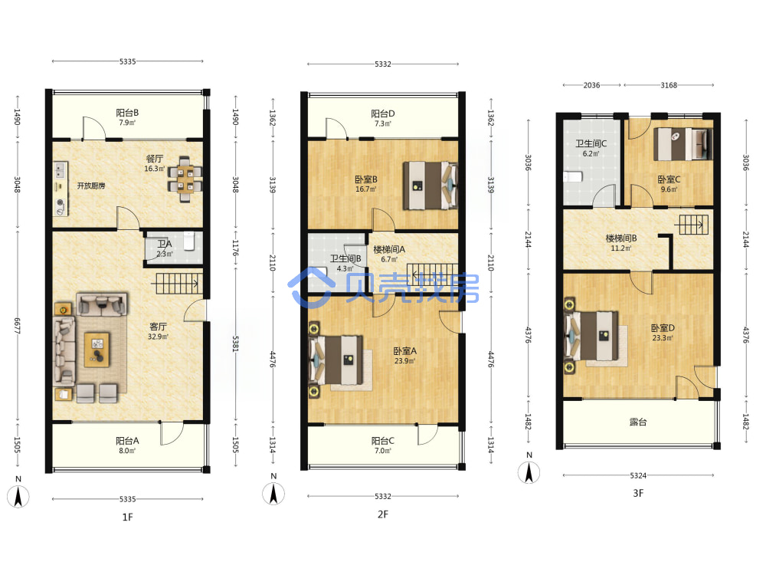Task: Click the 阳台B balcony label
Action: point(127,113)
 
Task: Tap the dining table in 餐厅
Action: point(185,179)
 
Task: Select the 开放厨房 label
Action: point(91,186)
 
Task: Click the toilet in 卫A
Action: point(189,241)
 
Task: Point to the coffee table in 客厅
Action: point(97,349)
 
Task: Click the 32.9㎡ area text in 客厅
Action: point(158,337)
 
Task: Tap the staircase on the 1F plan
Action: point(178,284)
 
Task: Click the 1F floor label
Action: point(127,517)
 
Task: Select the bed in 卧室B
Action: point(430,186)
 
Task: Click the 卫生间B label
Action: point(345,258)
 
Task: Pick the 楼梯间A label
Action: point(389,249)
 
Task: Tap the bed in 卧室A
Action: point(336,360)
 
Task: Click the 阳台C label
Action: point(382,441)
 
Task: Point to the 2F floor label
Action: point(382,514)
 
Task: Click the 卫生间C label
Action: point(591,143)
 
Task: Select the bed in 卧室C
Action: point(683,144)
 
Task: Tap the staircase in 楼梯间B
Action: point(691,225)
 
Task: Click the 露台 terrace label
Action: point(638,422)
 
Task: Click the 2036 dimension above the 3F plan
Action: point(591,85)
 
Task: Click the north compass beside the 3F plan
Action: point(529,472)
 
